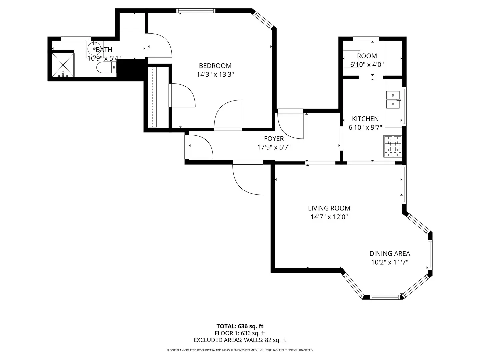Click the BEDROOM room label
pos(215,66)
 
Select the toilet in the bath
pos(106,67)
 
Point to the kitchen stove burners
pos(393,146)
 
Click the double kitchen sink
pos(393,100)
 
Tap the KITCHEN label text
pos(365,119)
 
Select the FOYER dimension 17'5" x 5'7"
pos(274,147)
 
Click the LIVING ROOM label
pos(329,208)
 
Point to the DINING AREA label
pos(390,254)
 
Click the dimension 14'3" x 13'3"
pos(215,75)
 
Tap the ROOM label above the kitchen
pos(367,56)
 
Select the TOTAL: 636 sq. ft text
pos(240,326)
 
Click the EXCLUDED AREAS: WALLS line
pos(240,340)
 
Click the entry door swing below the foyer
pos(248,177)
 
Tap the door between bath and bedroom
pos(159,45)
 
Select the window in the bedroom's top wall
pos(196,10)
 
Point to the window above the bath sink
pos(76,39)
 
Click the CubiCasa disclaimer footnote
pos(240,350)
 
